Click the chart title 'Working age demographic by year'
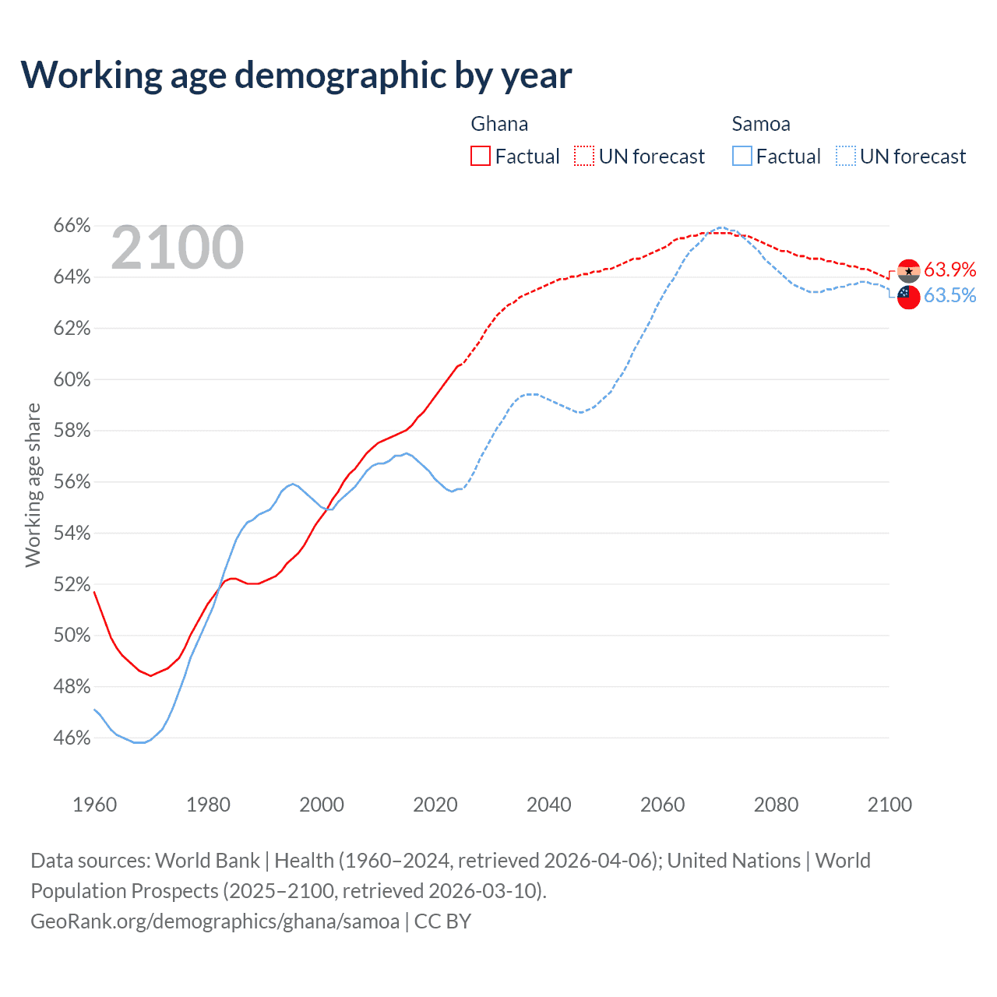click(x=296, y=76)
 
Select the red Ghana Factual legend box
click(x=481, y=157)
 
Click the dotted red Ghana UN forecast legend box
click(x=584, y=157)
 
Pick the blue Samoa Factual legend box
click(x=742, y=157)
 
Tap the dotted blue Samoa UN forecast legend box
click(x=846, y=157)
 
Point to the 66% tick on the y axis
click(x=72, y=226)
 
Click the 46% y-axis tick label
click(x=72, y=738)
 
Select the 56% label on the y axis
click(x=72, y=482)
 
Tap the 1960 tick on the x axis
click(x=94, y=805)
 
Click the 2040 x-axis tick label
click(x=548, y=805)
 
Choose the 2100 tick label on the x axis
click(x=890, y=805)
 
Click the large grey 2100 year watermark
click(x=178, y=248)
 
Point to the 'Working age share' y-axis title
click(x=33, y=484)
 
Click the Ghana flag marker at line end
click(x=909, y=271)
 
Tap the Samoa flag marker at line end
click(x=908, y=297)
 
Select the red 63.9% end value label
click(x=950, y=270)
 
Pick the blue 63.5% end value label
click(x=950, y=295)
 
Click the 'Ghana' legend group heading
click(x=499, y=124)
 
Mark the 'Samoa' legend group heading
click(x=761, y=124)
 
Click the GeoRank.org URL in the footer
click(x=215, y=921)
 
